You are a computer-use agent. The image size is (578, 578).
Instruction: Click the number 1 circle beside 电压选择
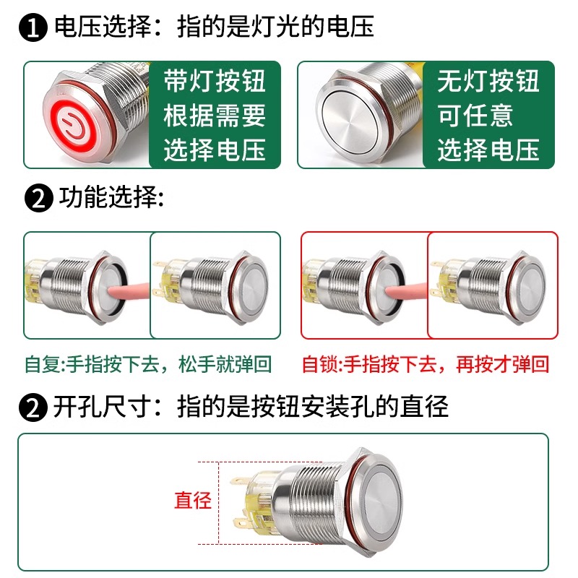coord(33,27)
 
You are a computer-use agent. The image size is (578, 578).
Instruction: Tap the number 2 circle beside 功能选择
coord(39,198)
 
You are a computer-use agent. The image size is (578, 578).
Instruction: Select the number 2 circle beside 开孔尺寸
coord(33,407)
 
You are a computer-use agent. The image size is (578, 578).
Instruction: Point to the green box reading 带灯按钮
coord(215,115)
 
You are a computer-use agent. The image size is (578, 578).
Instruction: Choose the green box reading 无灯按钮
coord(489,115)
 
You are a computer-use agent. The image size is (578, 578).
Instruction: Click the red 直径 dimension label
coord(193,500)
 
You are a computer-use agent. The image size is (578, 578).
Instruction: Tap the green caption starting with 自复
coord(148,364)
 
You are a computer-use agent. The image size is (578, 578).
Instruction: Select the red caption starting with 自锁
coord(426,364)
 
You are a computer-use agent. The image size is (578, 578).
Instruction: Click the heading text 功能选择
coord(111,197)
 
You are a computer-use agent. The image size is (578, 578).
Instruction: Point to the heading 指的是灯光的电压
coord(275,27)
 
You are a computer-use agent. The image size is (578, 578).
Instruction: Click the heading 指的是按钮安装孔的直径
coord(313,407)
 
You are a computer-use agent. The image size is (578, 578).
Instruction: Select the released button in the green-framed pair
coord(215,285)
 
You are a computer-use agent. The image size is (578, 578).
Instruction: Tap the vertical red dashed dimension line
coord(219,503)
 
